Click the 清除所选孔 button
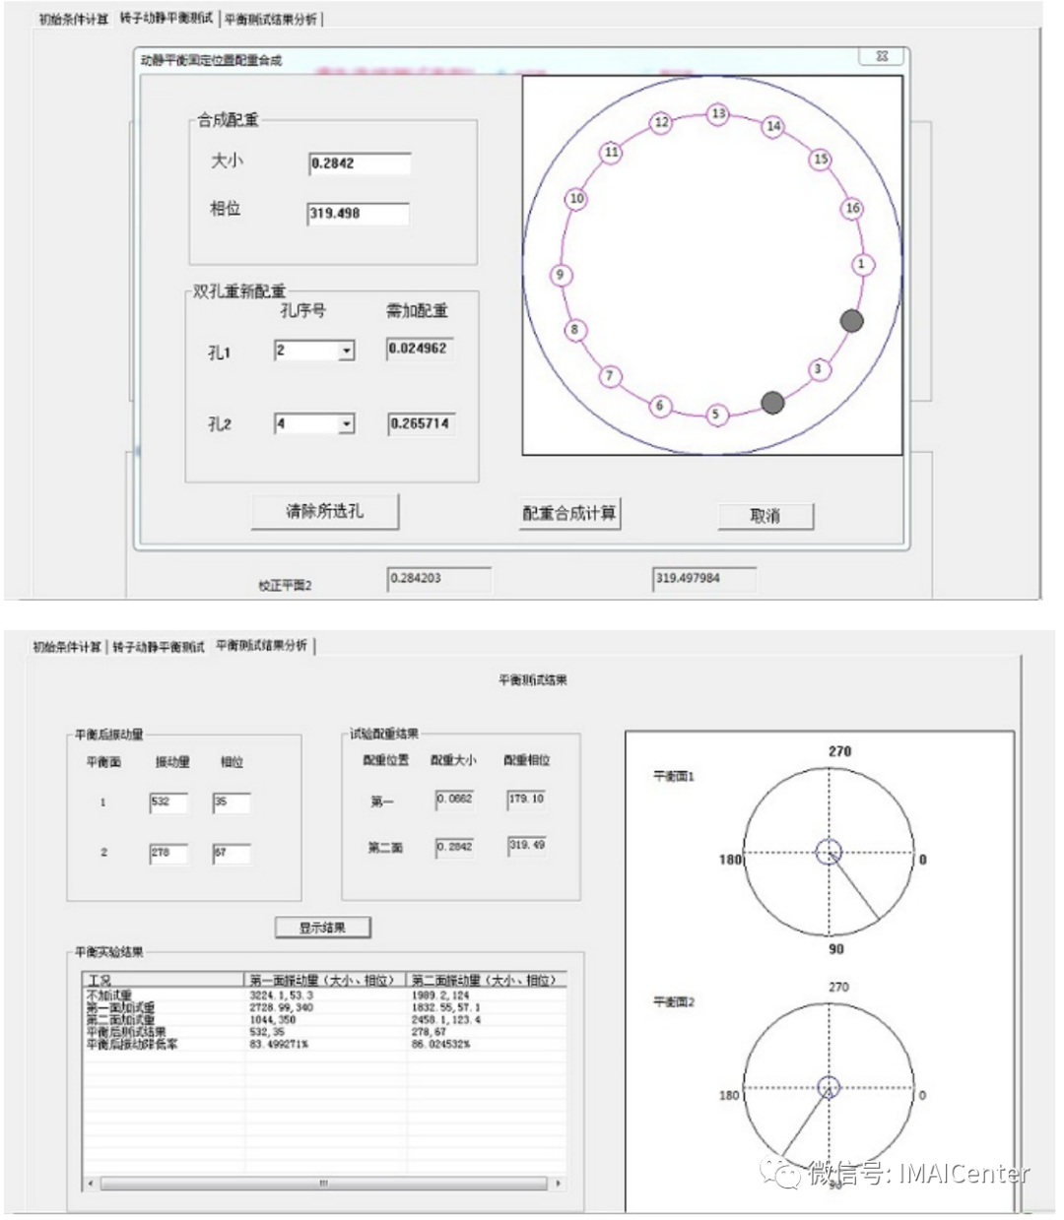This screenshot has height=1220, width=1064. click(x=325, y=512)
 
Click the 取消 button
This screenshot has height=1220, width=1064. click(x=765, y=516)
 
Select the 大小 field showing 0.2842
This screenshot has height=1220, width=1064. click(x=360, y=163)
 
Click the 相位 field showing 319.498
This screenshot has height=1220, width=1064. click(x=359, y=214)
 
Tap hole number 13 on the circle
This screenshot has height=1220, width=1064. click(x=719, y=114)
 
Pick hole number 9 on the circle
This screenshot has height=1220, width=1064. click(x=561, y=275)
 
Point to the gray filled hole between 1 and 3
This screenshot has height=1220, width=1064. click(x=851, y=320)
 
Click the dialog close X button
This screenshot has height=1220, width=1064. click(x=882, y=57)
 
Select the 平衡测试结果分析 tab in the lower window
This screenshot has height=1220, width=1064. click(x=262, y=646)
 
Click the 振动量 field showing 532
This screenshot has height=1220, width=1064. click(x=168, y=803)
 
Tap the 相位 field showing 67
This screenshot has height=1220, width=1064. click(x=231, y=853)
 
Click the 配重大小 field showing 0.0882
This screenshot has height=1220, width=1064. click(x=455, y=800)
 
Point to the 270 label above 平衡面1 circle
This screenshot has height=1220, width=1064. click(x=839, y=751)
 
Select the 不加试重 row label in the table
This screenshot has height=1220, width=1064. click(x=109, y=995)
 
